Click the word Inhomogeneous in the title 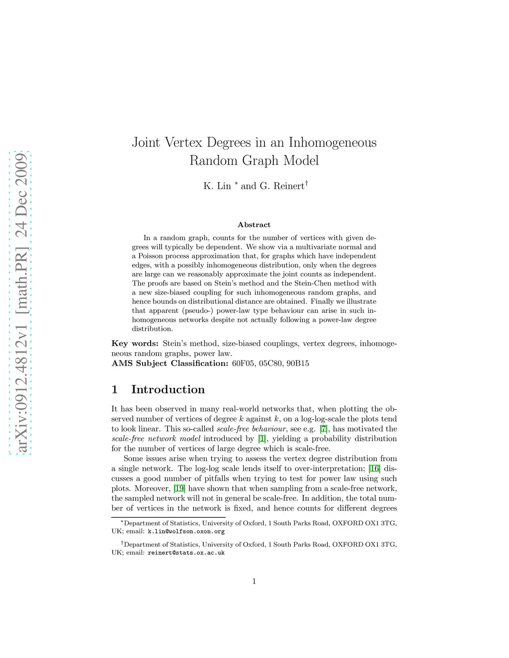[333, 143]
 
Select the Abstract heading [254, 225]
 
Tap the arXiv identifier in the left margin [21, 303]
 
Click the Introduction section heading [168, 389]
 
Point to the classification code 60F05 [243, 364]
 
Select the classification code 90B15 [298, 364]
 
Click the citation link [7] [324, 429]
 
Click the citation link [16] [374, 469]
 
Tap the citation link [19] [179, 489]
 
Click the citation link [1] [262, 439]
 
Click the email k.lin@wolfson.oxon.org [186, 531]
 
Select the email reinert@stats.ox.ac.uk [186, 553]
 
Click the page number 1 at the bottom [254, 582]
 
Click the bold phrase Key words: [135, 344]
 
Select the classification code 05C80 [270, 364]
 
